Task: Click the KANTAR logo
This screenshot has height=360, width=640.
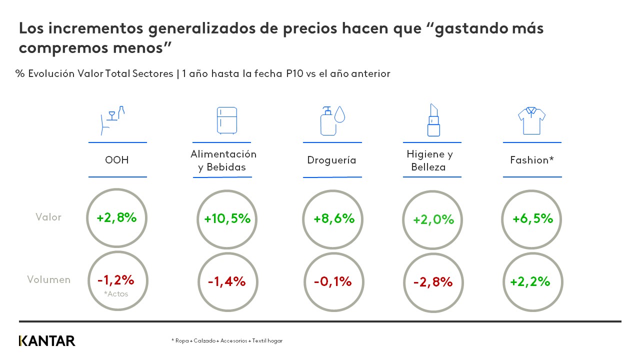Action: coord(47,341)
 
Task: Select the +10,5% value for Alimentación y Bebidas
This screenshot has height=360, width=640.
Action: coord(227,219)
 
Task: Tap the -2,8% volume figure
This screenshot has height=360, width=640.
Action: coord(432,282)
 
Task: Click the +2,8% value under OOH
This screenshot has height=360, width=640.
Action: coord(117,217)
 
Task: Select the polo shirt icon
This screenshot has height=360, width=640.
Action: coord(531,120)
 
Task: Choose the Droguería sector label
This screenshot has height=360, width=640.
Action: coord(331,160)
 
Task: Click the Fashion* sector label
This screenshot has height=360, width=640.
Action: coord(531,160)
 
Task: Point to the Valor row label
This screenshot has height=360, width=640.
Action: coord(48,217)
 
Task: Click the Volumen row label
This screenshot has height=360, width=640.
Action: coord(48,279)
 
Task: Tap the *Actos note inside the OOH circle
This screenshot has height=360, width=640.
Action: coord(116,294)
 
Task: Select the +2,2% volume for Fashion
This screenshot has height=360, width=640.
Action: coord(530,281)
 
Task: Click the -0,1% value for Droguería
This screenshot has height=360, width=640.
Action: coord(332,281)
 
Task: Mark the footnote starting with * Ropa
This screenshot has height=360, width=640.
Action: coord(227,340)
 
